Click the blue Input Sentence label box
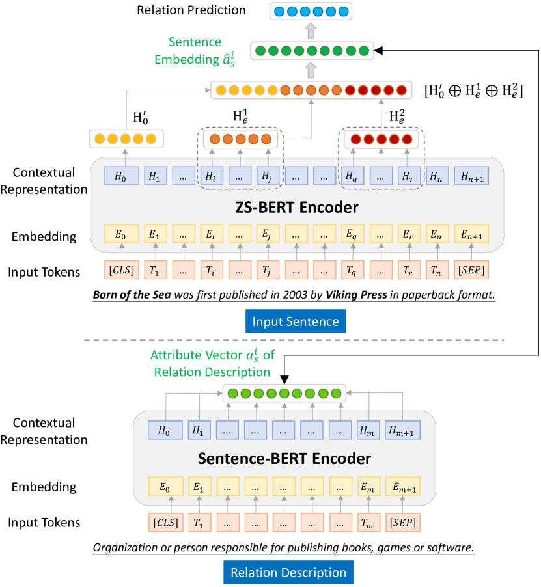pyautogui.click(x=296, y=321)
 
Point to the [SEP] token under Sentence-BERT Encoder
pyautogui.click(x=402, y=523)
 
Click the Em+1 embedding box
pyautogui.click(x=402, y=486)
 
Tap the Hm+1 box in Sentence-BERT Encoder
pyautogui.click(x=402, y=430)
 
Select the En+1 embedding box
pyautogui.click(x=471, y=234)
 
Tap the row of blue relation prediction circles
pyautogui.click(x=310, y=11)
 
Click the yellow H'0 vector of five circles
pyautogui.click(x=126, y=139)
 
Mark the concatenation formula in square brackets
pyautogui.click(x=473, y=89)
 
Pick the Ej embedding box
pyautogui.click(x=267, y=234)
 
